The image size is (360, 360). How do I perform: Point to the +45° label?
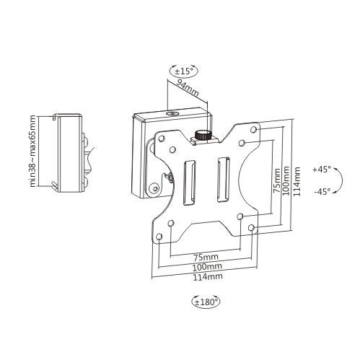[321, 169]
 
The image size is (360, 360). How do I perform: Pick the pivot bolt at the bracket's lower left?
[154, 189]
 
